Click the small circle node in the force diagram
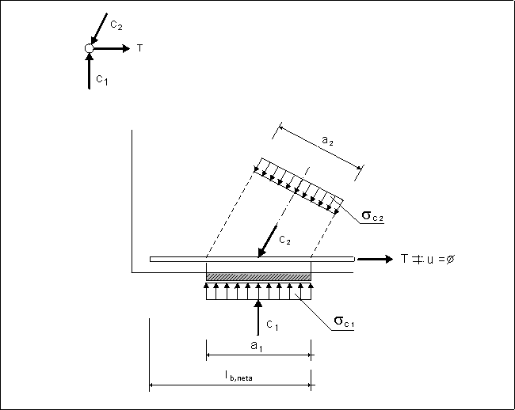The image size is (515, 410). tap(89, 48)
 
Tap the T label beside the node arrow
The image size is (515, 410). tap(140, 48)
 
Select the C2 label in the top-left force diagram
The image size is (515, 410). tap(116, 25)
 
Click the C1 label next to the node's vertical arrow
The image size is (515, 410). tap(102, 80)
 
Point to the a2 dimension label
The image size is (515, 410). tap(327, 140)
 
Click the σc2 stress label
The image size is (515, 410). tap(372, 216)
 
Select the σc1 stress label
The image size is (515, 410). tap(344, 321)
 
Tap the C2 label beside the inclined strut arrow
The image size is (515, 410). tap(284, 240)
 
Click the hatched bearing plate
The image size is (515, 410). tap(258, 276)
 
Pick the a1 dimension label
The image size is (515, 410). tap(257, 346)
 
